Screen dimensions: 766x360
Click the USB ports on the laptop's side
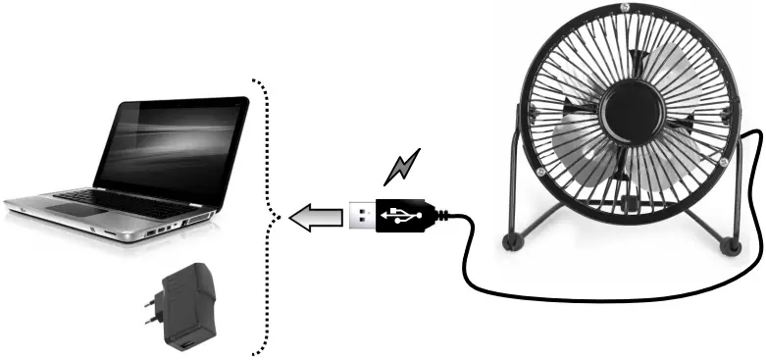tap(155, 232)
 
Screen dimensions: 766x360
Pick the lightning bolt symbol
tap(401, 166)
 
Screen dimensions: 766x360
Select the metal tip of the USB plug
tap(362, 215)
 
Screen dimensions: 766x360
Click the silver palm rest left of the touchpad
tap(39, 207)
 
